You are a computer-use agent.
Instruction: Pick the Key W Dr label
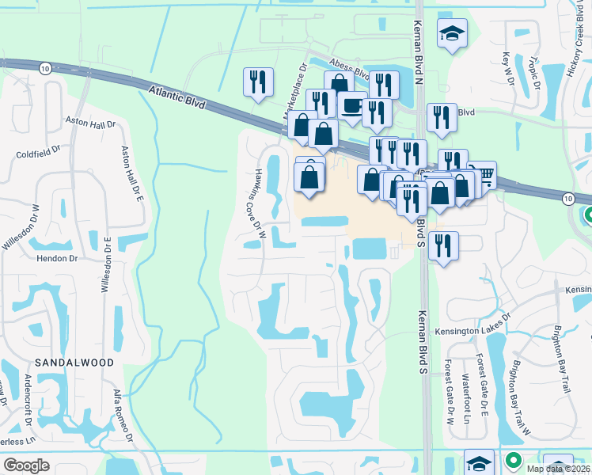pyautogui.click(x=507, y=70)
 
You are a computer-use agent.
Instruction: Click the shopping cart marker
pyautogui.click(x=482, y=174)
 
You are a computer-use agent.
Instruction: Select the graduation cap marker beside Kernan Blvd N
pyautogui.click(x=453, y=32)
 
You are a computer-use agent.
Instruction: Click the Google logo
pyautogui.click(x=26, y=465)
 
